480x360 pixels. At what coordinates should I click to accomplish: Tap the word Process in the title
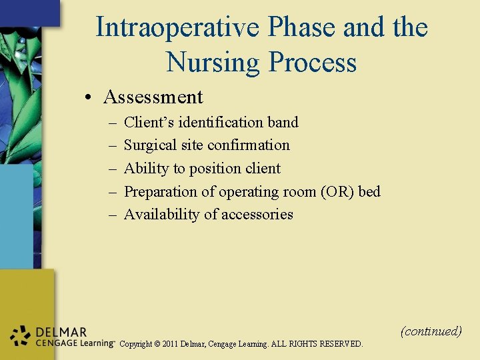pos(312,63)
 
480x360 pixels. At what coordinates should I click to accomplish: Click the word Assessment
pos(153,97)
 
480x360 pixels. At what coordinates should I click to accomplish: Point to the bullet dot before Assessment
pos(89,98)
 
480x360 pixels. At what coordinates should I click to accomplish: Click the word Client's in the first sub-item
pos(149,122)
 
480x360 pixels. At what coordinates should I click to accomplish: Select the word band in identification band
pos(282,122)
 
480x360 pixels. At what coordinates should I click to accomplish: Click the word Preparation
pos(161,192)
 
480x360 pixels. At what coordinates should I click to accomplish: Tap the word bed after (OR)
pos(369,192)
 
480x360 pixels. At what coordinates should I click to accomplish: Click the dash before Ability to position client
pos(110,169)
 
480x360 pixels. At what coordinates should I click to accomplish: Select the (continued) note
pos(431,331)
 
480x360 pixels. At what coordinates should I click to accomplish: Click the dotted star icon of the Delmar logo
pos(21,337)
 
